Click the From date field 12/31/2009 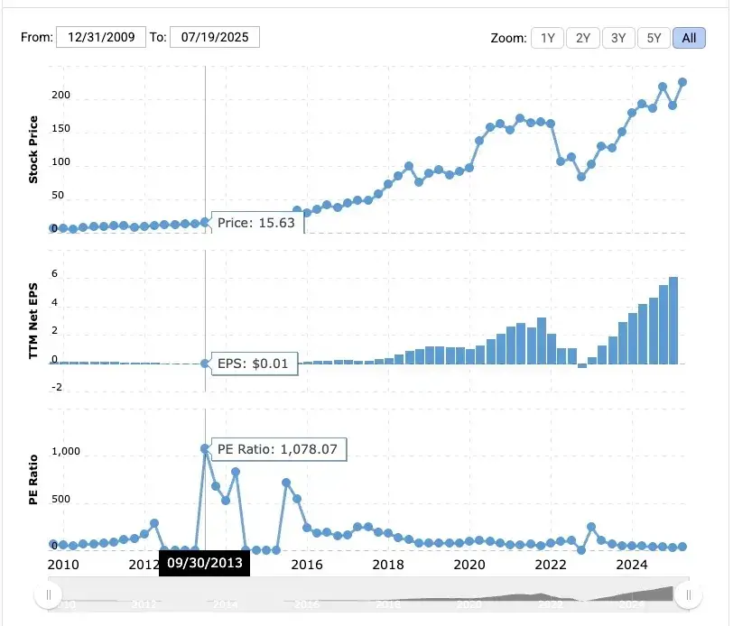point(100,37)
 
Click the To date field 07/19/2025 point(214,37)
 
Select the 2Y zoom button point(582,38)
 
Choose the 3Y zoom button point(618,38)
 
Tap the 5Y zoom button point(654,38)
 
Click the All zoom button point(689,38)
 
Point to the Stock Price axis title point(33,150)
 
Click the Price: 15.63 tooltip point(256,223)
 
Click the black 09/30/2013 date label point(204,564)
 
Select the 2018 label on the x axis point(388,565)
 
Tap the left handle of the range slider point(47,594)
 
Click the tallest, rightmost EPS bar point(673,320)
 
